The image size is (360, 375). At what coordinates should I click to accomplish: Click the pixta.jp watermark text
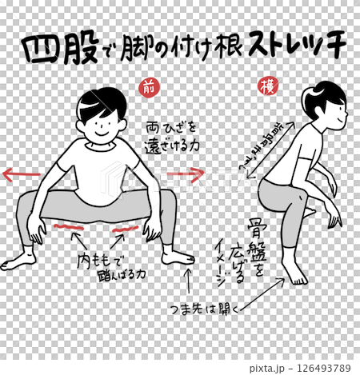tap(268, 367)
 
